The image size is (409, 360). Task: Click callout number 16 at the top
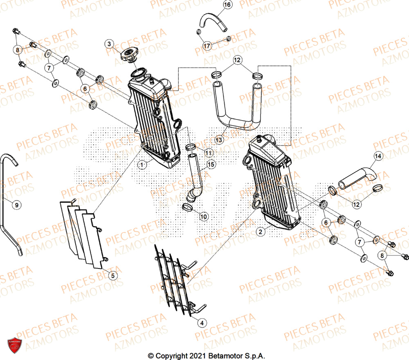pyautogui.click(x=227, y=5)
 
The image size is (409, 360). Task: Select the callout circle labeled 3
pyautogui.click(x=109, y=44)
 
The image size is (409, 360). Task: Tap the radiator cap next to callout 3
pyautogui.click(x=129, y=55)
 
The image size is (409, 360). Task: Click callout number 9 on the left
pyautogui.click(x=16, y=205)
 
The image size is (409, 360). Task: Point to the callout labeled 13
pyautogui.click(x=219, y=140)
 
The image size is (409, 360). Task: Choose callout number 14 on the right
pyautogui.click(x=378, y=156)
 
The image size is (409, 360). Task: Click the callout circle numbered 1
pyautogui.click(x=142, y=165)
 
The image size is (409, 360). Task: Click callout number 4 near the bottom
pyautogui.click(x=201, y=323)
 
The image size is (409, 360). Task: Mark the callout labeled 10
pyautogui.click(x=203, y=216)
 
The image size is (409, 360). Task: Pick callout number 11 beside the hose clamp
pyautogui.click(x=209, y=153)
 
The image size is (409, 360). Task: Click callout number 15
pyautogui.click(x=211, y=165)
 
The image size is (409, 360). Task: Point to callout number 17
pyautogui.click(x=207, y=46)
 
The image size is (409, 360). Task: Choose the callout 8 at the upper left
pyautogui.click(x=18, y=50)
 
